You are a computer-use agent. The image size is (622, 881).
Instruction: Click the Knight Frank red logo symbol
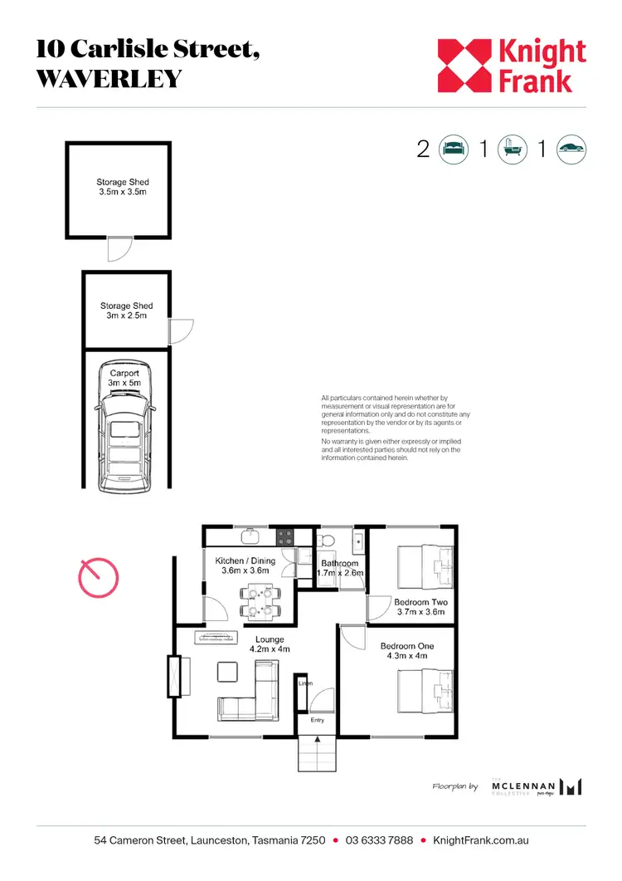coord(465,65)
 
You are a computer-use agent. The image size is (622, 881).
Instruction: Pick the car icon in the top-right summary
coord(571,149)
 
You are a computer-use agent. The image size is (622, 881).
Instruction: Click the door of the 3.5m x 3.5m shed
coord(121,247)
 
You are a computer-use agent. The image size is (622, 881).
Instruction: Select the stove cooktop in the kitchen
coord(285,536)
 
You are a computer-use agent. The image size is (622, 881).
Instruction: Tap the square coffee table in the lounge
coord(226,670)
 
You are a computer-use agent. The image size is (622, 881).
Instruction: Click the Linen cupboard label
coord(305,683)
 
